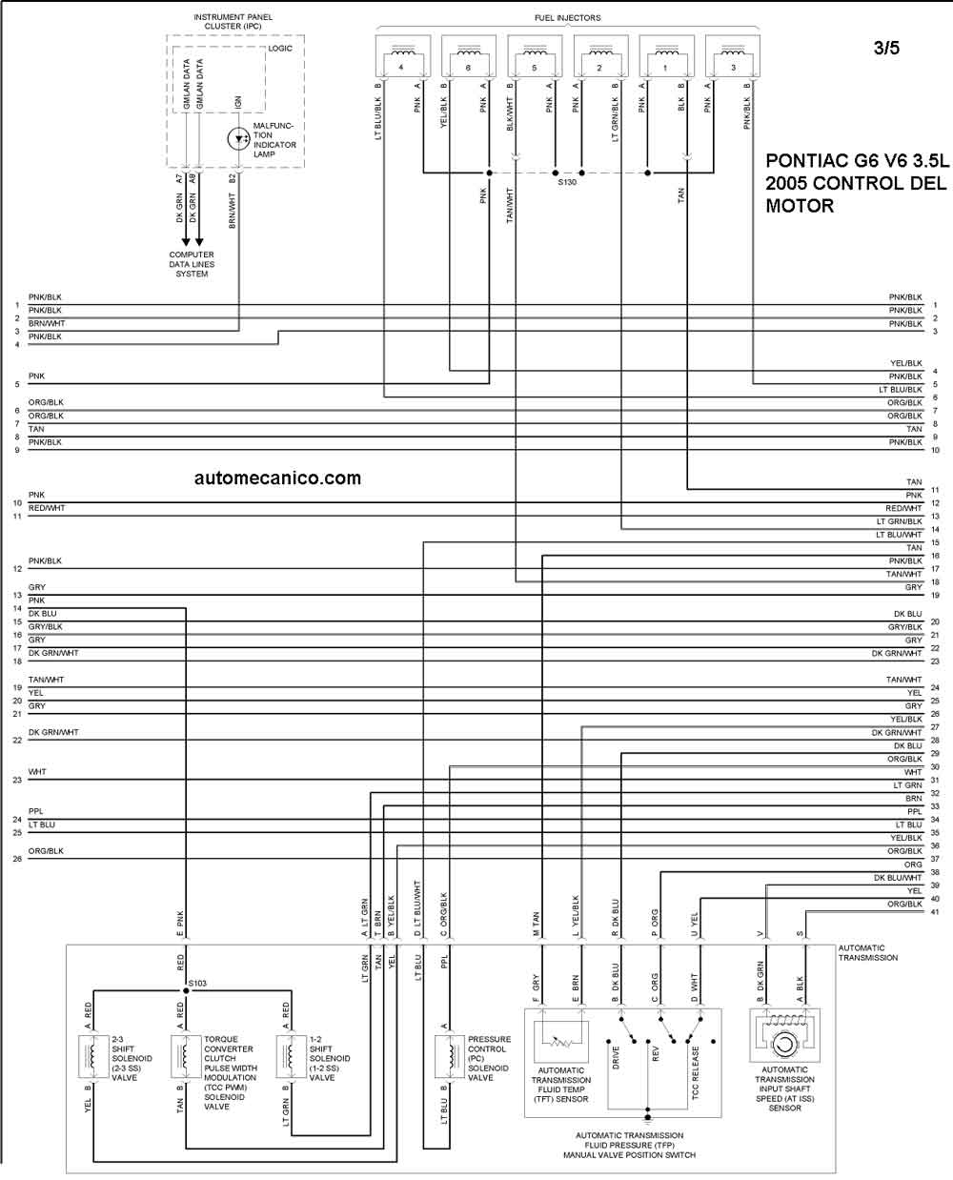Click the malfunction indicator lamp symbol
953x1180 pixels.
pyautogui.click(x=238, y=138)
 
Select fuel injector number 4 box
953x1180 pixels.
pyautogui.click(x=402, y=56)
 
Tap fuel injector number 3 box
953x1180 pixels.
pyautogui.click(x=733, y=56)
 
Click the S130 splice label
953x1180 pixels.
pyautogui.click(x=567, y=182)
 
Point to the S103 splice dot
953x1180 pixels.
pyautogui.click(x=186, y=990)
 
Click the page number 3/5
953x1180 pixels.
pyautogui.click(x=886, y=49)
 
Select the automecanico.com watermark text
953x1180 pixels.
pyautogui.click(x=277, y=478)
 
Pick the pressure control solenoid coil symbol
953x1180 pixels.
pyautogui.click(x=449, y=1057)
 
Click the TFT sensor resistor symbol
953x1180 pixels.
pyautogui.click(x=561, y=1042)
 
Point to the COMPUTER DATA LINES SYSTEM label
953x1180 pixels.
pyautogui.click(x=192, y=264)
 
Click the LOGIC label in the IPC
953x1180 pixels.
pyautogui.click(x=280, y=49)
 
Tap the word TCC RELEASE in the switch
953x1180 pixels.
pyautogui.click(x=696, y=1072)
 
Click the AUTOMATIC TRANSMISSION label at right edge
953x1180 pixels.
pyautogui.click(x=868, y=953)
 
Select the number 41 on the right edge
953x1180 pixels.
pyautogui.click(x=935, y=912)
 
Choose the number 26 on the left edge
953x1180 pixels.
pyautogui.click(x=17, y=859)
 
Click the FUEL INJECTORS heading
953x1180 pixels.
pyautogui.click(x=567, y=18)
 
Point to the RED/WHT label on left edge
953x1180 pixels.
pyautogui.click(x=47, y=508)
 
